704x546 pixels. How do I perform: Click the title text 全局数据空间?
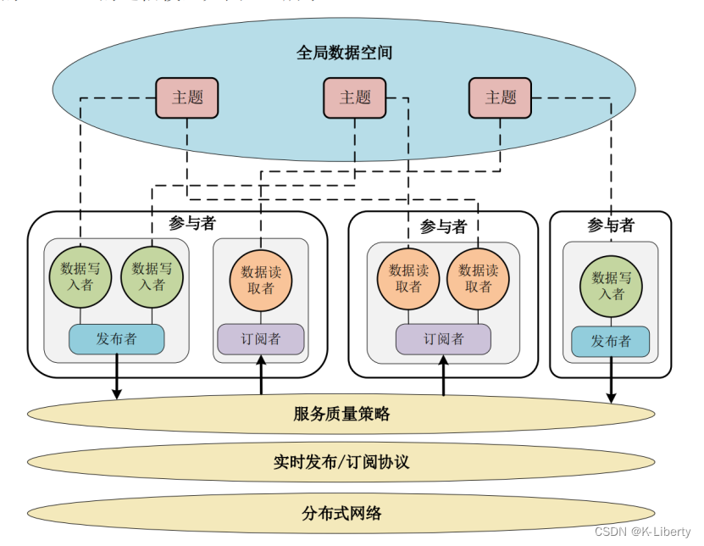344,52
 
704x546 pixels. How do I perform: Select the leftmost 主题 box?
187,97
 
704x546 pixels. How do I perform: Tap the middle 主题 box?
354,97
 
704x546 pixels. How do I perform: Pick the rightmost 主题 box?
500,97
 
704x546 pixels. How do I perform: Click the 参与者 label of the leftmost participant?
192,223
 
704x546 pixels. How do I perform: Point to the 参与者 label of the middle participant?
443,226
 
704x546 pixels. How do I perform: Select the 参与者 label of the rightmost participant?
610,225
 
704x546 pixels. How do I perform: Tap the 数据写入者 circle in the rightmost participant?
610,286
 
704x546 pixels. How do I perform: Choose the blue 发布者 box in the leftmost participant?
116,339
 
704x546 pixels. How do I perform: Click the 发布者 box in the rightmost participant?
610,342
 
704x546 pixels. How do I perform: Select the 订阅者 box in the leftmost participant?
261,339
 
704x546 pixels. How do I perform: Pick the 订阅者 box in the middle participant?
443,339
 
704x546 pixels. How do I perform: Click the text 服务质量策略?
341,414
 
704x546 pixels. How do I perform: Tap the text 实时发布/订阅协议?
341,462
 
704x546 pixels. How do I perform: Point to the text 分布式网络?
341,513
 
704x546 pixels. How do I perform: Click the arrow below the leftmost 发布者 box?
117,376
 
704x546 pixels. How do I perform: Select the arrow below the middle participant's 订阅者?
443,376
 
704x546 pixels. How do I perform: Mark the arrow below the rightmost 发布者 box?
610,380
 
